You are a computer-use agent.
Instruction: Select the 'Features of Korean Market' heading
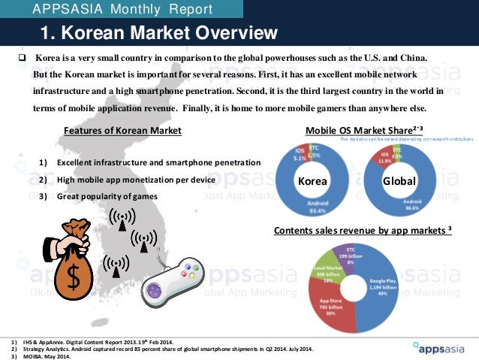122,131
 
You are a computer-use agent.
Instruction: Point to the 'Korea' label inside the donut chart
312,182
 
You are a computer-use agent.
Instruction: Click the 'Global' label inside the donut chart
394,182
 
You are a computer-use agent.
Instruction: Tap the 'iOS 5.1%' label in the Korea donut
298,155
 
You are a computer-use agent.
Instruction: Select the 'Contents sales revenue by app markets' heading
362,229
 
